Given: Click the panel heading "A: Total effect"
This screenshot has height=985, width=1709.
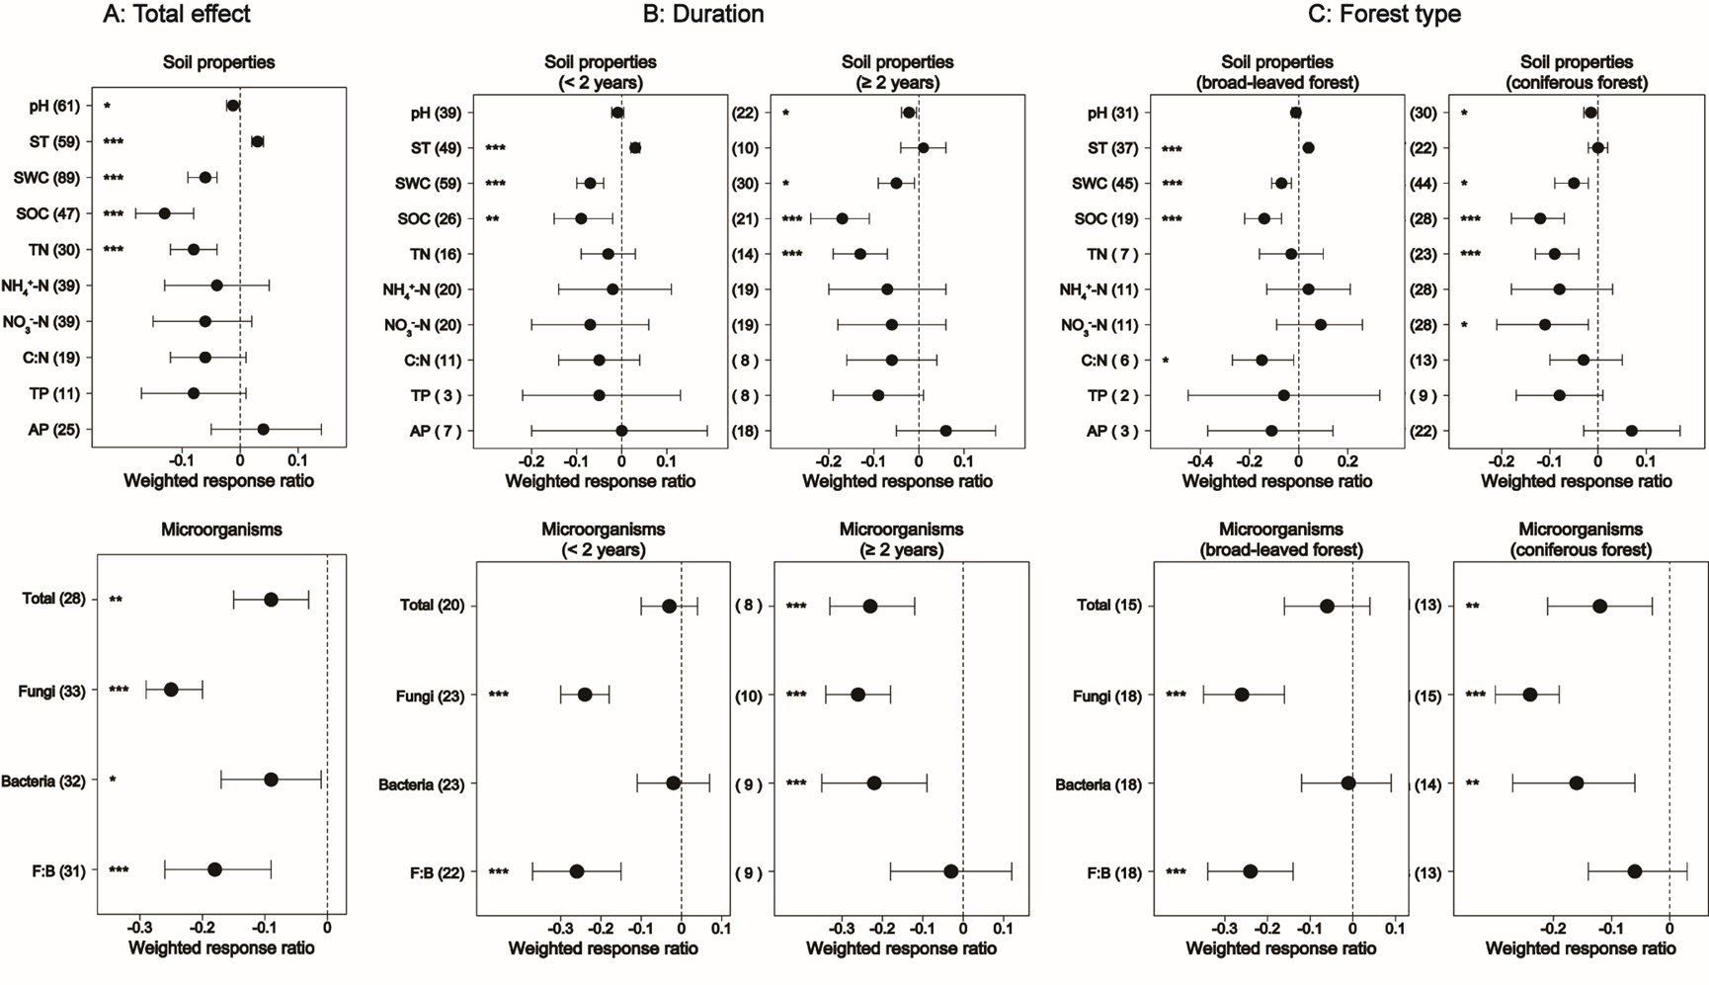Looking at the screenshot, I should (x=177, y=14).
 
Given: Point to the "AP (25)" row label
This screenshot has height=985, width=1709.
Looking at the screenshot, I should (x=53, y=430).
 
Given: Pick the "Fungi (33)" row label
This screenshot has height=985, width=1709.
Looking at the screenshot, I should (x=51, y=691).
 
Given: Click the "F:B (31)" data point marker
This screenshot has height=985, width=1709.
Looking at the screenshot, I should (x=214, y=870).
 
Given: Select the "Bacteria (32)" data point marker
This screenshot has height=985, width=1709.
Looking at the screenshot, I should (x=271, y=780).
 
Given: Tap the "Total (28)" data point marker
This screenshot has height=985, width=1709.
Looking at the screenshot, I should (x=271, y=600).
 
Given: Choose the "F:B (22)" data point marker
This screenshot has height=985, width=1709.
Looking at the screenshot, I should (x=577, y=872).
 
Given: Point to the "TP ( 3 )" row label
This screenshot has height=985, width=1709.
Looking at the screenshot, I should (x=436, y=396).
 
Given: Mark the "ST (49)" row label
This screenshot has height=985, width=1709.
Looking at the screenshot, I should (x=436, y=148).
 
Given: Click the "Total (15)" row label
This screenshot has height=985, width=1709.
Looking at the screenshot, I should (x=1109, y=606).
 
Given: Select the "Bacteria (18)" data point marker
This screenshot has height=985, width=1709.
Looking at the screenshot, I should (x=1347, y=784).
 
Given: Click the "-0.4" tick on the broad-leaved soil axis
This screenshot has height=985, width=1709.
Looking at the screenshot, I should (x=1200, y=461).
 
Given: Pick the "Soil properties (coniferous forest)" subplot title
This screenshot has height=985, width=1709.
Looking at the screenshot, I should (x=1577, y=72).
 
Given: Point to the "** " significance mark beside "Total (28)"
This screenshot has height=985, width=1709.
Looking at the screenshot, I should (x=116, y=600).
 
